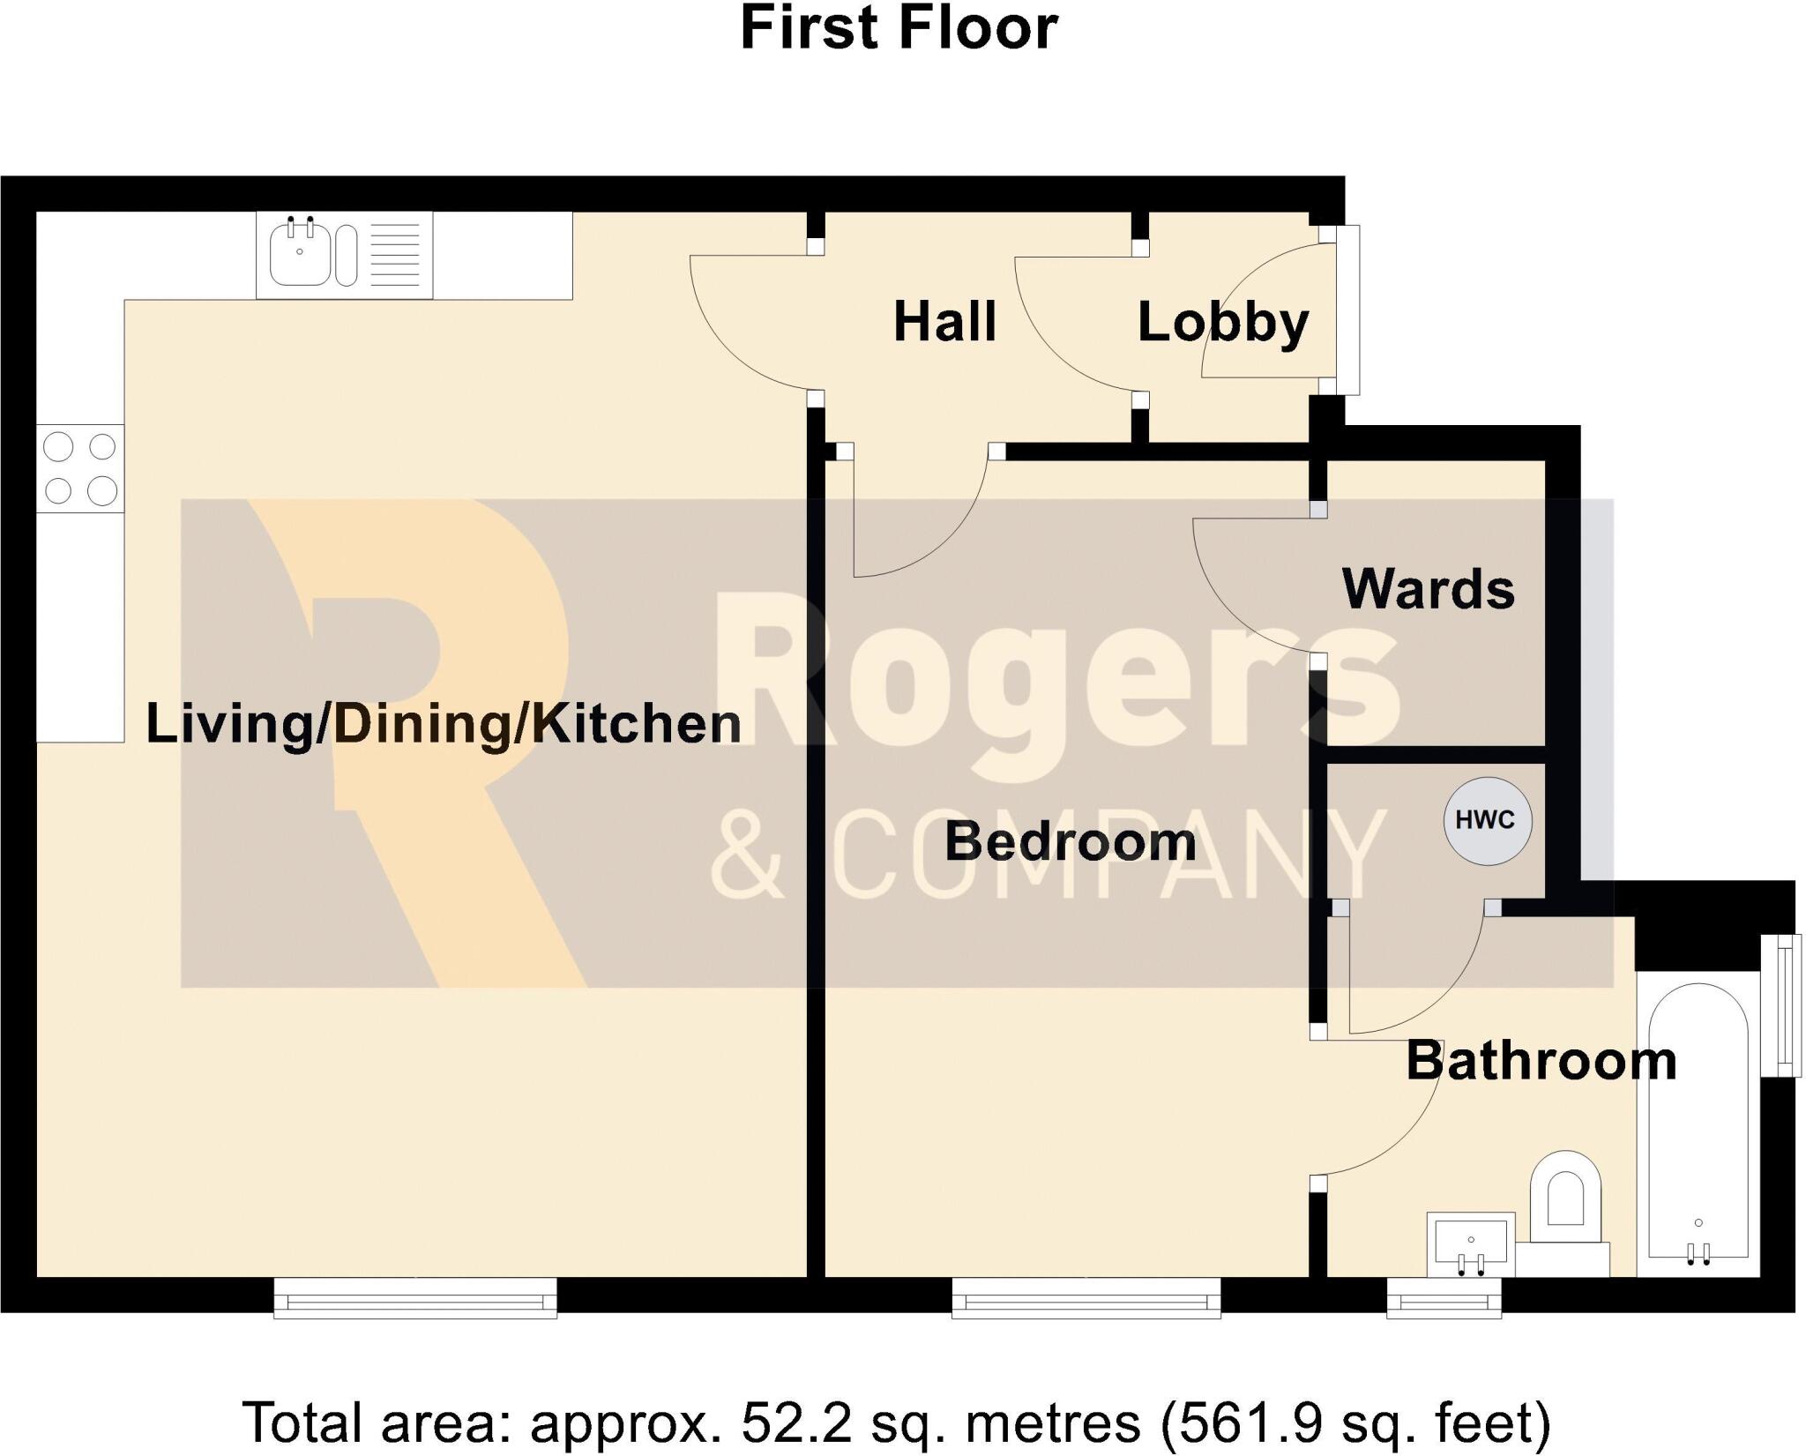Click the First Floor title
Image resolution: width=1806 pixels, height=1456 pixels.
pyautogui.click(x=899, y=28)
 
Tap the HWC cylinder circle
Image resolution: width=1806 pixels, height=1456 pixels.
pyautogui.click(x=1487, y=820)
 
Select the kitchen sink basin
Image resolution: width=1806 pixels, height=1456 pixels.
pyautogui.click(x=300, y=255)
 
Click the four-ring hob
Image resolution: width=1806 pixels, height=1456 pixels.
pyautogui.click(x=80, y=468)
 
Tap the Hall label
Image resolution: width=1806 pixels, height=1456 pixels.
pyautogui.click(x=944, y=322)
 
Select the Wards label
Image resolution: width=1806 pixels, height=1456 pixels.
pyautogui.click(x=1428, y=589)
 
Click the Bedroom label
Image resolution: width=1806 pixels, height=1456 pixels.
pyautogui.click(x=1070, y=841)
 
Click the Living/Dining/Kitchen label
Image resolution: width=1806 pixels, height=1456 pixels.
pyautogui.click(x=443, y=724)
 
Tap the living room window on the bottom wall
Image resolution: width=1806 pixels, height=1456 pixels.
pyautogui.click(x=415, y=1297)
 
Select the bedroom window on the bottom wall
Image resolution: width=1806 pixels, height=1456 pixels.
pyautogui.click(x=1086, y=1297)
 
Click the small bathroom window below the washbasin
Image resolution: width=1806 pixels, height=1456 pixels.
pyautogui.click(x=1444, y=1297)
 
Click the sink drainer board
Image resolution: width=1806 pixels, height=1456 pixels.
pyautogui.click(x=395, y=255)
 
